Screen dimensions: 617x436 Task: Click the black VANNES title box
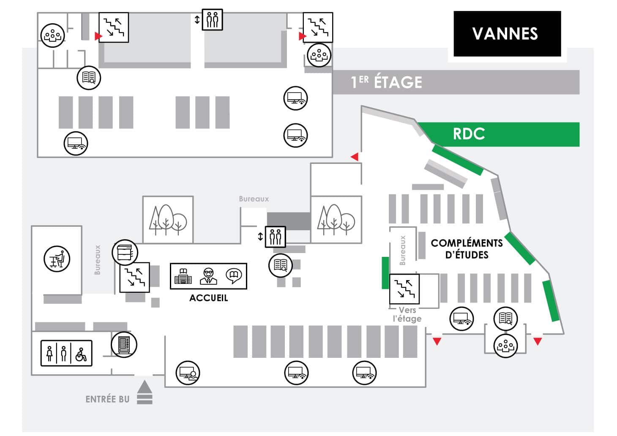507,34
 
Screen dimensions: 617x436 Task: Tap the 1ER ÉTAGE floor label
386,82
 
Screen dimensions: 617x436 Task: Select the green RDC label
469,134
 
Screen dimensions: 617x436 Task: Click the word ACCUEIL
208,298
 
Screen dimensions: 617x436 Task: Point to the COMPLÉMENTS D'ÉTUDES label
467,249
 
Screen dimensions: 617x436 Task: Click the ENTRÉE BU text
107,399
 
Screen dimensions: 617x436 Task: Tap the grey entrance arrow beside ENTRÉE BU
145,392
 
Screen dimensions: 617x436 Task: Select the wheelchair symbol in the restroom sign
81,354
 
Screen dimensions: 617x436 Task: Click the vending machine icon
124,345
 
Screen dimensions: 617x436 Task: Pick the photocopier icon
125,252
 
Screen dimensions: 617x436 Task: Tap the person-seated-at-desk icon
57,259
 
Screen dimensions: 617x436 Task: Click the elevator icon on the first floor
212,19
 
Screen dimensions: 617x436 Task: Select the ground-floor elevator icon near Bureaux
275,237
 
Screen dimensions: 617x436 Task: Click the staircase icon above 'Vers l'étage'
404,289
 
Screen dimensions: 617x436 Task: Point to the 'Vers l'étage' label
407,314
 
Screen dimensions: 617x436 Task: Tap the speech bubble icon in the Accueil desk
234,276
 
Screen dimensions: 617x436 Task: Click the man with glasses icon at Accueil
208,276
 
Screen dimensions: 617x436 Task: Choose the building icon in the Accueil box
183,276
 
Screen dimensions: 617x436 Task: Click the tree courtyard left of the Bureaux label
168,220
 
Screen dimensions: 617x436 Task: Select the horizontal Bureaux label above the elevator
254,199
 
